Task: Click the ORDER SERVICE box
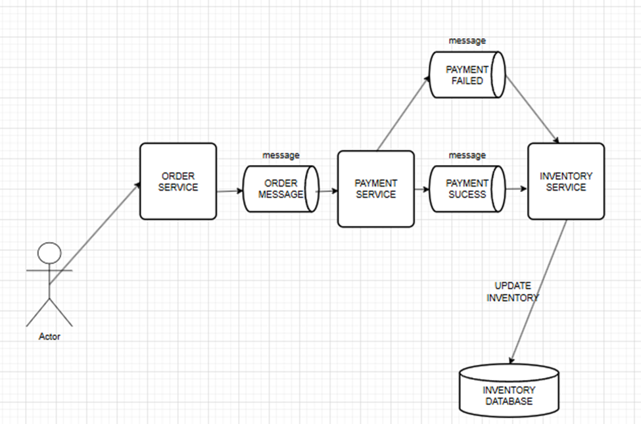point(178,181)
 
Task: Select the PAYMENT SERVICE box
point(375,189)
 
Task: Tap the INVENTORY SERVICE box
point(566,181)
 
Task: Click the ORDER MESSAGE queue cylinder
point(281,189)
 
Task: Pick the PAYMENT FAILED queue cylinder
point(467,75)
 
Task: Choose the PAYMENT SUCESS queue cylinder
point(467,189)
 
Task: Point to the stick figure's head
point(49,252)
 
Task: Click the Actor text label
point(49,337)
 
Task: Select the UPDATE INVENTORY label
point(513,292)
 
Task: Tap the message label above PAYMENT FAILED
point(467,41)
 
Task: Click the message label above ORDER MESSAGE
point(281,155)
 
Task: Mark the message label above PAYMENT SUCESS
point(467,155)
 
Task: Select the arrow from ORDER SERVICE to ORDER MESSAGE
point(229,191)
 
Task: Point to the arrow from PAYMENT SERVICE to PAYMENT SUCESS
point(421,189)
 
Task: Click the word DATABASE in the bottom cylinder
point(509,401)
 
